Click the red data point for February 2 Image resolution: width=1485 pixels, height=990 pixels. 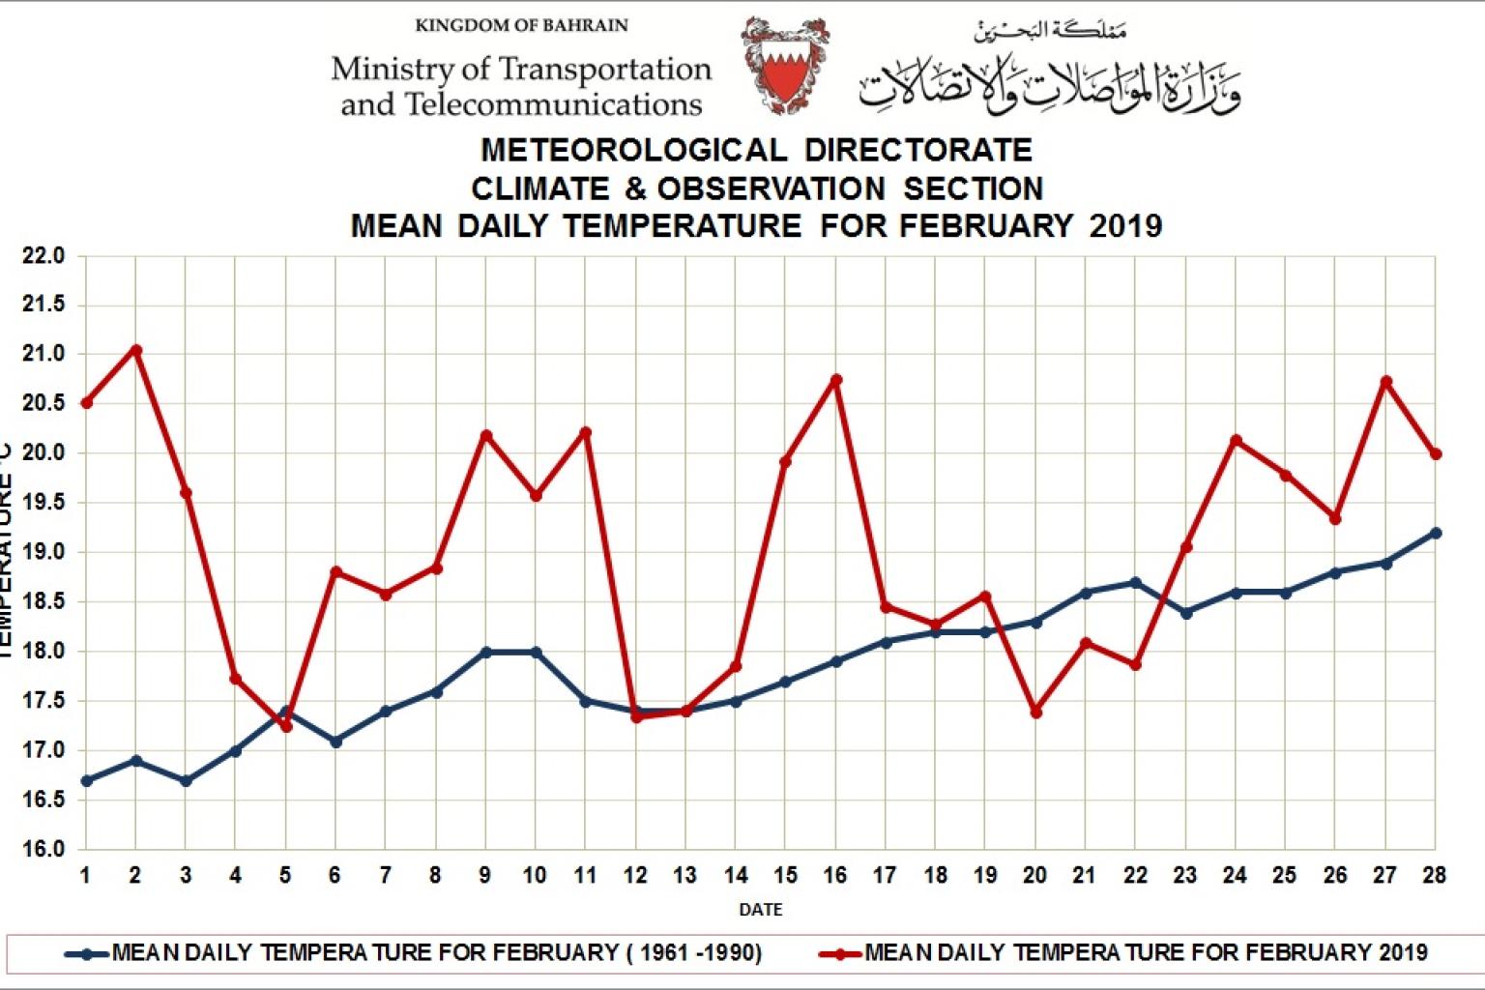[136, 350]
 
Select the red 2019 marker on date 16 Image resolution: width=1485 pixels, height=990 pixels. [836, 380]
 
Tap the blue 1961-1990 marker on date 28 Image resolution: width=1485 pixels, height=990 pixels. [1436, 533]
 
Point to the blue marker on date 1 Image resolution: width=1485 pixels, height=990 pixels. [86, 780]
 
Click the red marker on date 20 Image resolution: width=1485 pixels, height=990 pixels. [1036, 713]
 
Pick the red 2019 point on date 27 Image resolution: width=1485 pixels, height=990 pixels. [1386, 382]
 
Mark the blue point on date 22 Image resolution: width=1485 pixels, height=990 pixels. [1136, 583]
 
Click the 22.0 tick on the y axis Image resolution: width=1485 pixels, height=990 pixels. [43, 256]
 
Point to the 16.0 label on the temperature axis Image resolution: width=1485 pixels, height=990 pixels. [43, 849]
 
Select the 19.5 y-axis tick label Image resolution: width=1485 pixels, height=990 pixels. [43, 503]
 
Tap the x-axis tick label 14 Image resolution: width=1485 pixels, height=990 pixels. [736, 876]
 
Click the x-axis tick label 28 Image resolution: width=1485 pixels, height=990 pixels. [1435, 876]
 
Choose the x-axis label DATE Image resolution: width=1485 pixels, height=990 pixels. [761, 910]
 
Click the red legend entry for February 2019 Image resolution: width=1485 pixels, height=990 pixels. [1145, 953]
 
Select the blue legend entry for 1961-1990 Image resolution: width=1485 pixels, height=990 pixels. [436, 953]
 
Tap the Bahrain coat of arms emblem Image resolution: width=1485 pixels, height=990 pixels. [785, 66]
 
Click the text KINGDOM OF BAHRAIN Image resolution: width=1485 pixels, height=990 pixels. [521, 26]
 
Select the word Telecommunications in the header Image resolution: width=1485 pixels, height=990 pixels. [553, 104]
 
